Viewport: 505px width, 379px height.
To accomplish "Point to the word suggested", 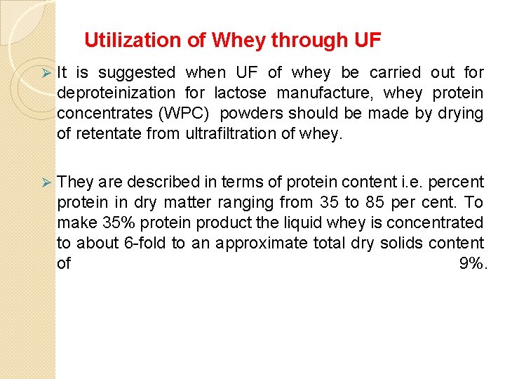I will coord(137,72).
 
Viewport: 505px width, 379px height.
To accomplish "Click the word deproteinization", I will coord(116,93).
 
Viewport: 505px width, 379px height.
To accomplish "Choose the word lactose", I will coord(241,93).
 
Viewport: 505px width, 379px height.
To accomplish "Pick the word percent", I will coord(454,182).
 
